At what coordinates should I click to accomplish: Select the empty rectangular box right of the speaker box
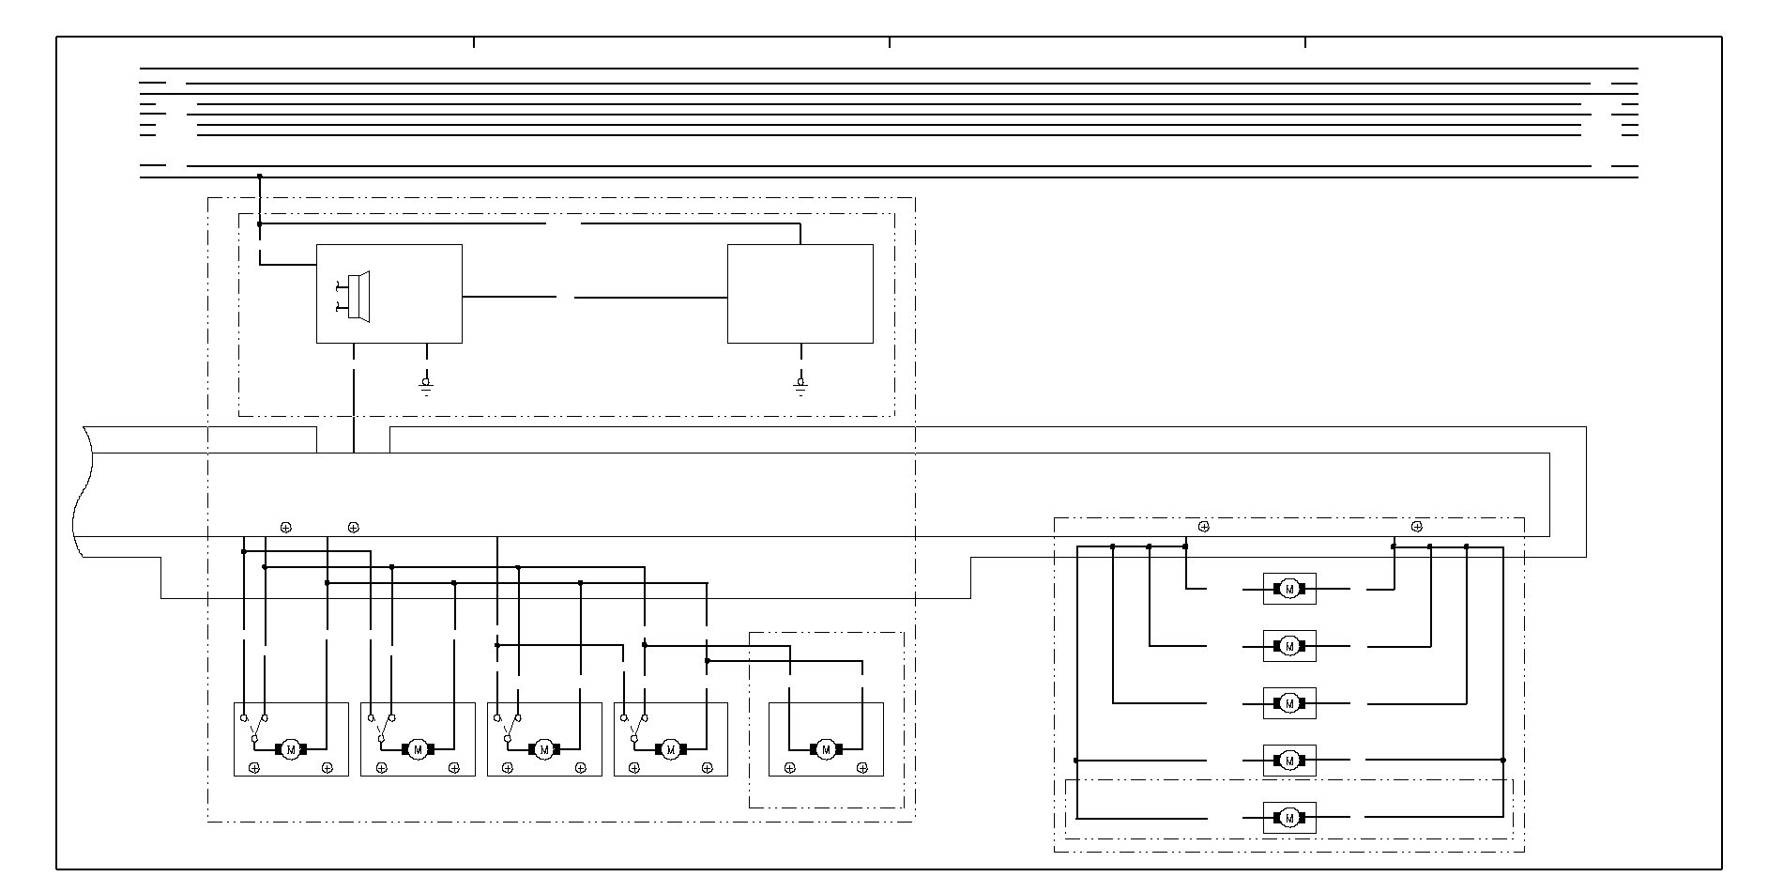point(800,294)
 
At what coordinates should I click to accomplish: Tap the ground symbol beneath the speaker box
point(427,385)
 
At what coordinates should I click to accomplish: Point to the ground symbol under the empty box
point(800,385)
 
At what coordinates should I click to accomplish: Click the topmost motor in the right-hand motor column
point(1289,589)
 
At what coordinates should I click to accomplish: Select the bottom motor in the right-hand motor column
point(1289,818)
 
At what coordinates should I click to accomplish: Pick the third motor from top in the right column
point(1289,703)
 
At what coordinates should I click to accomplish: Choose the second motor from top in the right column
point(1289,646)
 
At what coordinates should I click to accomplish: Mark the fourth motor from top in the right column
point(1289,761)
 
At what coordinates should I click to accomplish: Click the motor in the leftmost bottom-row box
point(290,748)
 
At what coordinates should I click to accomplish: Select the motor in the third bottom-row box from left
point(543,748)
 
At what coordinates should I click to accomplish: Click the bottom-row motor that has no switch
point(826,748)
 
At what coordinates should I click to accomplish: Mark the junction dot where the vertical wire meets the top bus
point(260,176)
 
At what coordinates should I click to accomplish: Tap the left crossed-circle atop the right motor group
point(1204,527)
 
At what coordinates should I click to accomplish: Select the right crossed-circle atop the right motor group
point(1417,527)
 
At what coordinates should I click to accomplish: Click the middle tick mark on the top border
point(890,42)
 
